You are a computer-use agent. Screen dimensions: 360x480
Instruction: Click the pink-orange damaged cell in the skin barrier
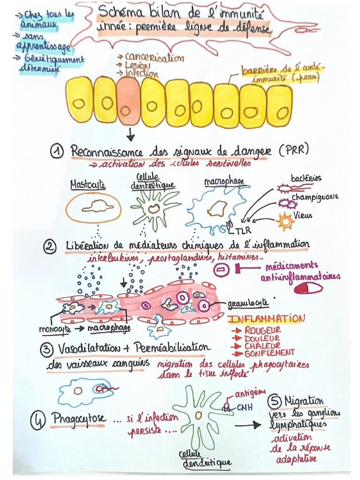coord(129,101)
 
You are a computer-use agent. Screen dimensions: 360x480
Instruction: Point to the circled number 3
coord(46,350)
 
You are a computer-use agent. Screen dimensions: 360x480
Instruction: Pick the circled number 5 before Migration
coord(274,402)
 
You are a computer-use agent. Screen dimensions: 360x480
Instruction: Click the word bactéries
coord(306,179)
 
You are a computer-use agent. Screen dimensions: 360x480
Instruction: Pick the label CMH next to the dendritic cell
coord(244,407)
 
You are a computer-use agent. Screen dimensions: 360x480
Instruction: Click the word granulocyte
coord(248,303)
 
